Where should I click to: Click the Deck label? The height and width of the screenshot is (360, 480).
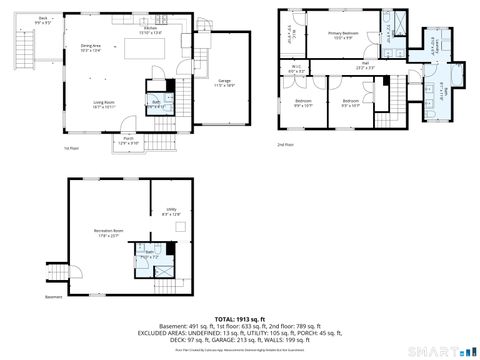pos(15,20)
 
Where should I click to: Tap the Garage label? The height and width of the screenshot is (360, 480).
pos(225,82)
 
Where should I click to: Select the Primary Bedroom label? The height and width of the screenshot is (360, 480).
pos(343,34)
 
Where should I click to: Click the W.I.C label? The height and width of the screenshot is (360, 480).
pos(296,70)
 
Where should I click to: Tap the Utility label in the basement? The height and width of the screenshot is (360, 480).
pos(171,211)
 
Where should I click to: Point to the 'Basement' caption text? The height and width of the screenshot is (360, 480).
pos(55,297)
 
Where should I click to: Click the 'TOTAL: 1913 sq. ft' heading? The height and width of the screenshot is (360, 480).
pos(240,319)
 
